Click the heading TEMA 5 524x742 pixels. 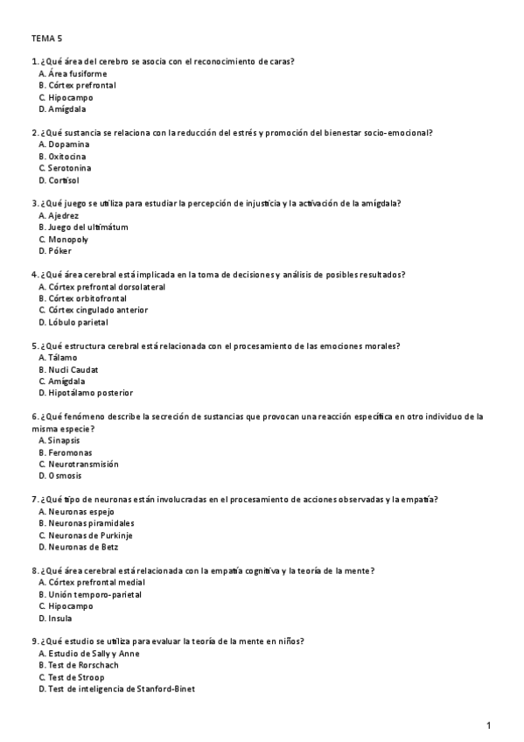[46, 38]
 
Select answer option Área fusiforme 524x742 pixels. [76, 73]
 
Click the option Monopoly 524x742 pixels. [69, 239]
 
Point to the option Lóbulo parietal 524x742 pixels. [78, 322]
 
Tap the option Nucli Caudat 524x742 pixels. [73, 369]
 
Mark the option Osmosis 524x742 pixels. [66, 476]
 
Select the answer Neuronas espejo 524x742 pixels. [82, 511]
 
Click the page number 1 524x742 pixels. [489, 725]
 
